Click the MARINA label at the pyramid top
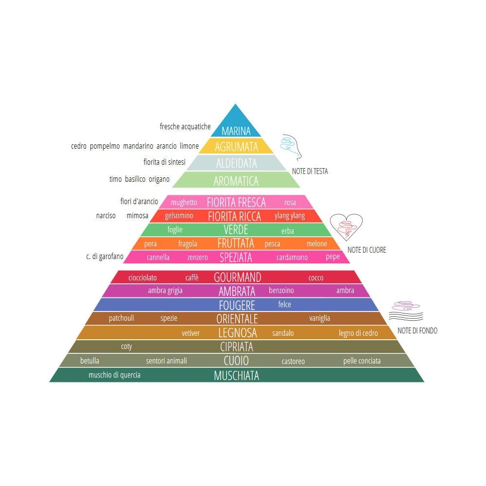click(236, 131)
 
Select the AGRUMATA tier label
click(236, 147)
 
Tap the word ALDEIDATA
click(237, 163)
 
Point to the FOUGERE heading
click(237, 305)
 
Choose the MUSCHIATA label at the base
click(237, 375)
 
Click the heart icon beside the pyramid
click(346, 227)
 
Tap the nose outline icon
click(291, 147)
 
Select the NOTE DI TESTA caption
click(310, 171)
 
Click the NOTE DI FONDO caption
click(417, 330)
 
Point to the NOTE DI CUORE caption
click(366, 250)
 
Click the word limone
click(190, 146)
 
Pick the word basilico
click(135, 179)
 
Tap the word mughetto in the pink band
click(184, 202)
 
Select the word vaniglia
click(320, 318)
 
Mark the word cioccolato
click(142, 278)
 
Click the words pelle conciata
click(362, 361)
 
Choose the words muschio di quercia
click(114, 375)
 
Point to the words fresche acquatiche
click(185, 126)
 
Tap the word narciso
click(105, 215)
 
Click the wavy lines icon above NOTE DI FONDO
click(406, 311)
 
